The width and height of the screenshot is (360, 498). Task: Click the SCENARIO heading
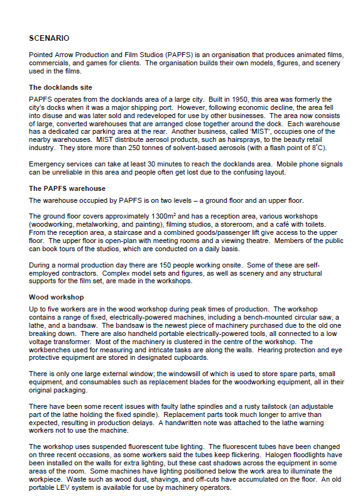[49, 38]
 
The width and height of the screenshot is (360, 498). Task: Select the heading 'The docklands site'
[61, 87]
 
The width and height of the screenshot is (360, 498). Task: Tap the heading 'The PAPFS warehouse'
[67, 188]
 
